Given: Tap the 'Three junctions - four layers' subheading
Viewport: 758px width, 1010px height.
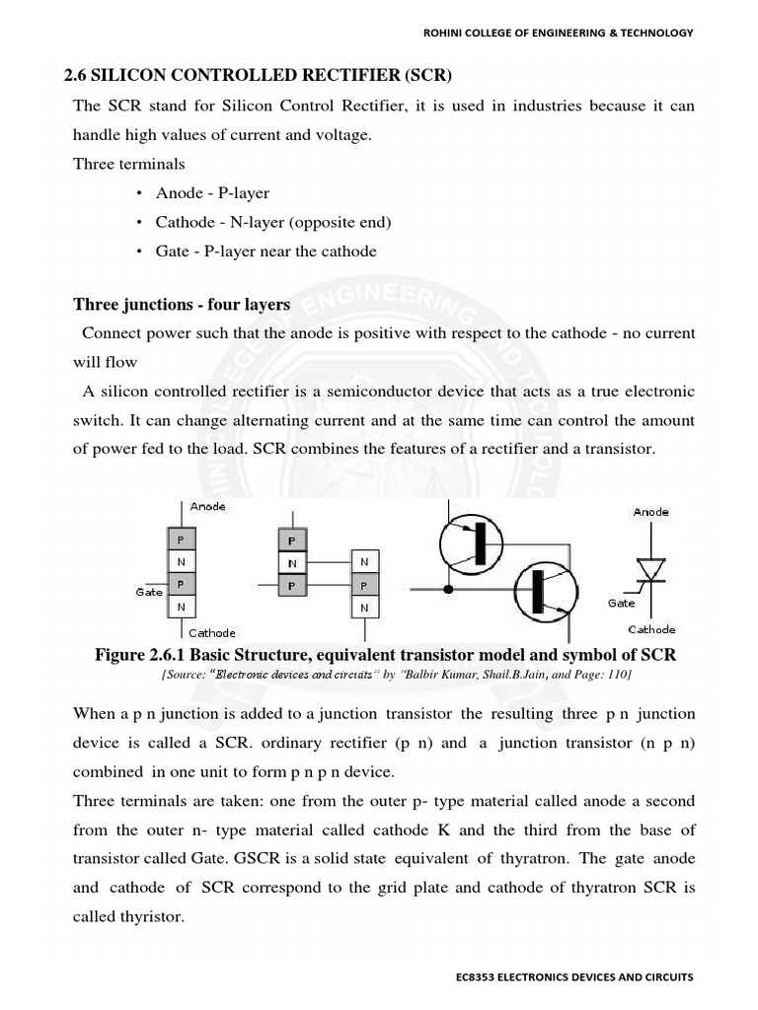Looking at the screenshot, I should (182, 305).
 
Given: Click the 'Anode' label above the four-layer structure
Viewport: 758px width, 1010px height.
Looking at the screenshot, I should (207, 506).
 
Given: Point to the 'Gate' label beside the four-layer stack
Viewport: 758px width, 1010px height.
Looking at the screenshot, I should (149, 592).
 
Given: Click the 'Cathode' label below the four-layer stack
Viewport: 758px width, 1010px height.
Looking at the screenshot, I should (212, 632).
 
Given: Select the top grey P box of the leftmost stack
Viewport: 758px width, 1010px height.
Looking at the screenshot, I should (180, 541).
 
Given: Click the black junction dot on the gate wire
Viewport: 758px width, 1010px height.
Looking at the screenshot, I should (449, 590).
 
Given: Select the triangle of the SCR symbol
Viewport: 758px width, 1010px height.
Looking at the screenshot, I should (649, 569).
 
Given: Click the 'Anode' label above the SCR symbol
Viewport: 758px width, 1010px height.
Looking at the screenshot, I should (650, 512).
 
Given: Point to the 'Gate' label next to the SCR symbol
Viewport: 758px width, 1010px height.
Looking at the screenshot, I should (622, 602).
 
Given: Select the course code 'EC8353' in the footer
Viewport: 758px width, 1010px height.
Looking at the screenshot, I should (472, 976).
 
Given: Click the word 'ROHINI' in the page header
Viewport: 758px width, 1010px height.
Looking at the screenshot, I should (444, 33).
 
